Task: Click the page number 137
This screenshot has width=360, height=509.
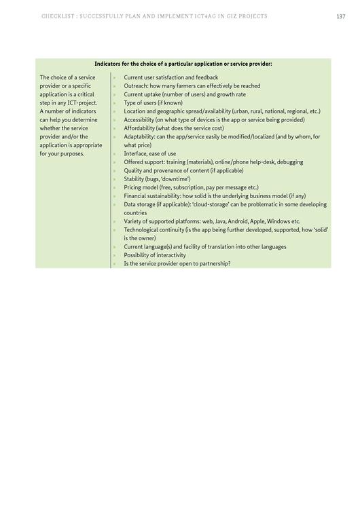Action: pyautogui.click(x=340, y=16)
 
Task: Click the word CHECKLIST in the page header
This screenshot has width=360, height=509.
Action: pyautogui.click(x=56, y=16)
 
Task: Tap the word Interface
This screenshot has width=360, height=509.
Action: pyautogui.click(x=134, y=153)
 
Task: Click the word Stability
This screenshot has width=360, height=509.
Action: pyautogui.click(x=134, y=179)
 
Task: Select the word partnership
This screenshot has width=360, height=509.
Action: pyautogui.click(x=210, y=263)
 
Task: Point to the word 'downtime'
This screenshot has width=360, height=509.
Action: pyautogui.click(x=175, y=179)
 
